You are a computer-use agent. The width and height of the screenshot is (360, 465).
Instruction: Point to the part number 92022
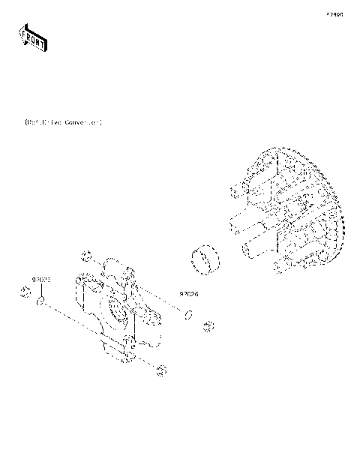40,279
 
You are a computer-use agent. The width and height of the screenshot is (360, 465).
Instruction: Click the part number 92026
188,294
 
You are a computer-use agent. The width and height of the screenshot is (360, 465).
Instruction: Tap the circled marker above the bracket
87,253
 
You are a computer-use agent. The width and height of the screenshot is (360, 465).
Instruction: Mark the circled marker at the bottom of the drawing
160,369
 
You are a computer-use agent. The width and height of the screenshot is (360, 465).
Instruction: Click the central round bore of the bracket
118,307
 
